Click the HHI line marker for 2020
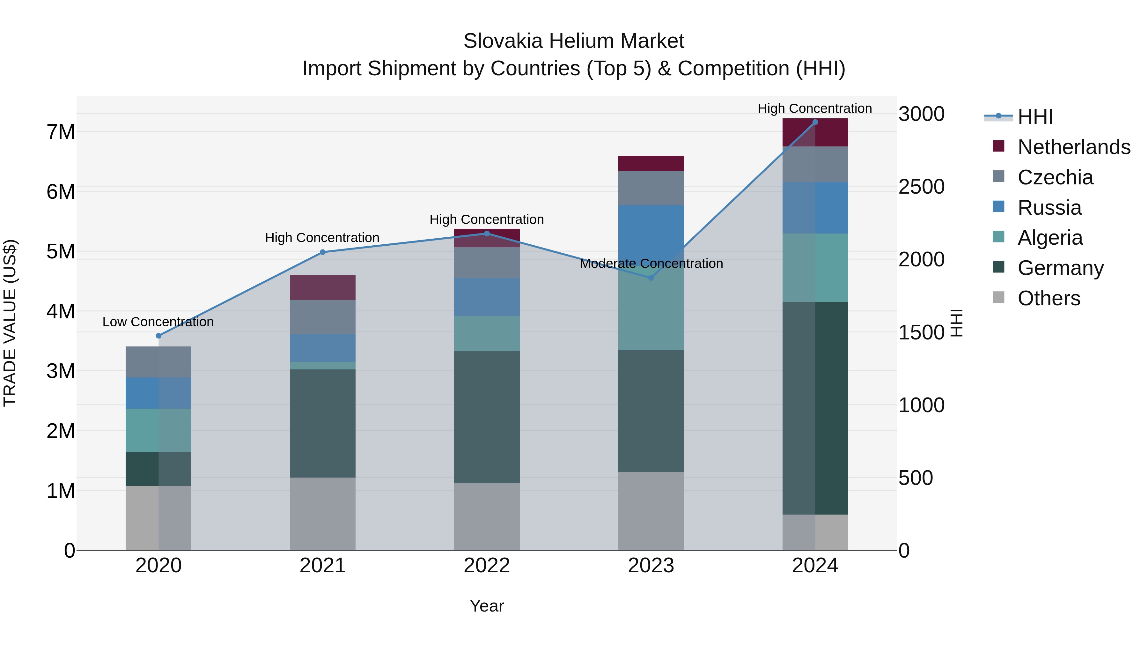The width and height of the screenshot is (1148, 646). point(159,336)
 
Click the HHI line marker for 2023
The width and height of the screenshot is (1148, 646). point(651,278)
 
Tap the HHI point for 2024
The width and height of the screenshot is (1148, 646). point(815,122)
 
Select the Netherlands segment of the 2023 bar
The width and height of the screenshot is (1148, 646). point(651,163)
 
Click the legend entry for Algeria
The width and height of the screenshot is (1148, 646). point(1050,238)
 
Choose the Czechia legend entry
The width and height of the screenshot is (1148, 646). point(1055,177)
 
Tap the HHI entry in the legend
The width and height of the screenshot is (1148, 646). point(1035,117)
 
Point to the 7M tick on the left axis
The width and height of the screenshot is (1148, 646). point(61,132)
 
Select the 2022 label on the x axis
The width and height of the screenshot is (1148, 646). point(487,566)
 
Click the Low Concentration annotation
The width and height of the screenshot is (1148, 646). point(158,322)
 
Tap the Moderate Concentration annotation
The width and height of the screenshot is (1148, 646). point(651,264)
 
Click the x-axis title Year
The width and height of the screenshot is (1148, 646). point(487,606)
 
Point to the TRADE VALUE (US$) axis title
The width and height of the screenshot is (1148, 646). point(10,323)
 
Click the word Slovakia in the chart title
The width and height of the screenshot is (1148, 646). point(503,41)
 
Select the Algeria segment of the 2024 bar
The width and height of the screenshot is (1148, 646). point(815,268)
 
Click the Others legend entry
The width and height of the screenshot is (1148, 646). point(1049,298)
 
